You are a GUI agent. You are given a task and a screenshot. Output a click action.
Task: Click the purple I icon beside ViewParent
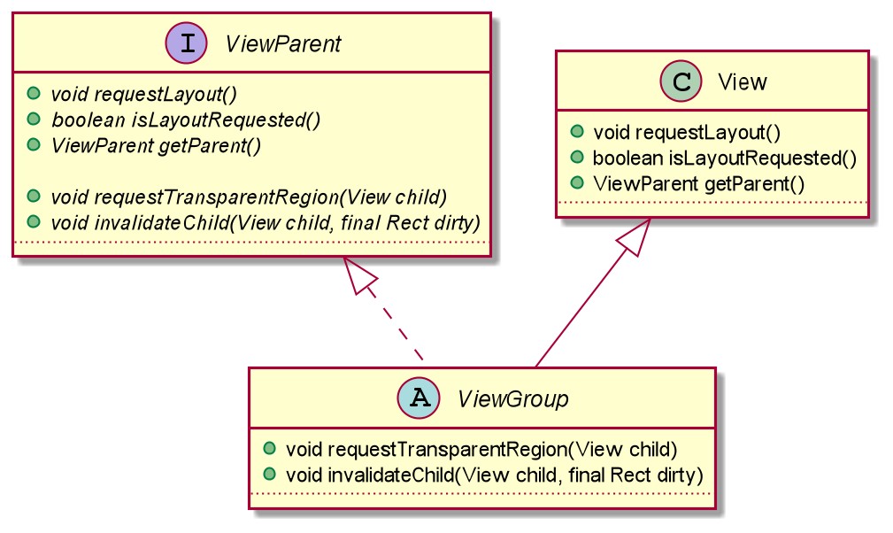click(186, 43)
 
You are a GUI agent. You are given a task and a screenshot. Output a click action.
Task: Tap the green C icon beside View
click(681, 81)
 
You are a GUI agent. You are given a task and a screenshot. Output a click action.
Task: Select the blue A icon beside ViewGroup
click(419, 398)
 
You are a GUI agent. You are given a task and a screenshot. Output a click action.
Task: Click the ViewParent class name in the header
click(283, 44)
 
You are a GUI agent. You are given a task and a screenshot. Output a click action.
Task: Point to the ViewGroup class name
click(513, 399)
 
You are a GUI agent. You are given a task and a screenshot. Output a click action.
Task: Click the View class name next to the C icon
click(742, 82)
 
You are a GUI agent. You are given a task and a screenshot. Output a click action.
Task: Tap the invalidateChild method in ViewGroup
click(495, 475)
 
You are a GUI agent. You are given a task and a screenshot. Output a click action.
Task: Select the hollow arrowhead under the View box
click(635, 236)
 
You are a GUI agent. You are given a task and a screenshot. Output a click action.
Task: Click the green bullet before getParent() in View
click(577, 182)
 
